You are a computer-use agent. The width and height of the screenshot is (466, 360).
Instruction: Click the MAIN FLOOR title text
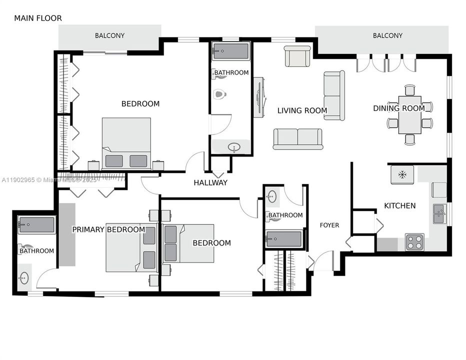(38, 18)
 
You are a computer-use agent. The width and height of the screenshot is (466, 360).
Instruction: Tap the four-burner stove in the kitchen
(414, 242)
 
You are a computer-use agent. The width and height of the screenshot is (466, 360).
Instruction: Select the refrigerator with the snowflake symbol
(402, 174)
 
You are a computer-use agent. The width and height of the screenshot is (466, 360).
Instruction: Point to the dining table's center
(410, 114)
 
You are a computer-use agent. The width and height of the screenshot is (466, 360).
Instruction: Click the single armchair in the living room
(297, 56)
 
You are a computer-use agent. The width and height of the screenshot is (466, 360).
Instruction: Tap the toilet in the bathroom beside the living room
(219, 94)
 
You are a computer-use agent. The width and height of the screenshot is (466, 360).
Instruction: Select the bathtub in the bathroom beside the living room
(230, 51)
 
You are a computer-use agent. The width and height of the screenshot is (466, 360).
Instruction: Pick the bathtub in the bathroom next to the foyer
(284, 239)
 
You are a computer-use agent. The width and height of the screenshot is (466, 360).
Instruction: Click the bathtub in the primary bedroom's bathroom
(36, 225)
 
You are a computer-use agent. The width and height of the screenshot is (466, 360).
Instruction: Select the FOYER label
(329, 225)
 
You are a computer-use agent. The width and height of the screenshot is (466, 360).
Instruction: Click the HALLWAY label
(210, 182)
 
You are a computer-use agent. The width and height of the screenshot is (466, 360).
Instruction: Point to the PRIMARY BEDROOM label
(108, 229)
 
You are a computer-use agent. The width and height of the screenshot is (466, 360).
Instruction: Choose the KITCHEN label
(399, 205)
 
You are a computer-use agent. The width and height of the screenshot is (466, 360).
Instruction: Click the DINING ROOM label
(399, 108)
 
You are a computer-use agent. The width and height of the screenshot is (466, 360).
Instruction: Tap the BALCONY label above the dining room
(387, 35)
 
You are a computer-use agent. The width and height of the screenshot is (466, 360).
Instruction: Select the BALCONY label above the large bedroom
(109, 35)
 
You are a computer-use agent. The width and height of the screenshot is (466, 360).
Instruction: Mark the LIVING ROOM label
(302, 110)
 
